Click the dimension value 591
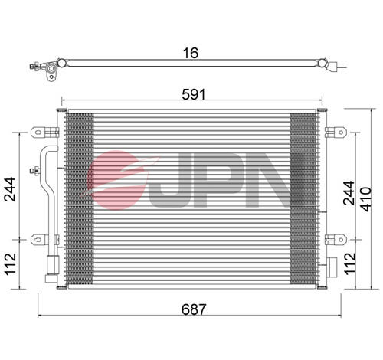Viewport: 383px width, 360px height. (194, 94)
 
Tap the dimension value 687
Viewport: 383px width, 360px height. (193, 309)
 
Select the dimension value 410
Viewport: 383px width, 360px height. (366, 199)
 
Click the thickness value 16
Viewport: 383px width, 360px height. (191, 53)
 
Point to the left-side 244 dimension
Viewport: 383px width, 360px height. (10, 189)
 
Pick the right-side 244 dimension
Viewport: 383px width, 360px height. (349, 193)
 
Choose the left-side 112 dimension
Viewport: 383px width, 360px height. (11, 264)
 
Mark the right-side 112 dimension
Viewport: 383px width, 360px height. (350, 263)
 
